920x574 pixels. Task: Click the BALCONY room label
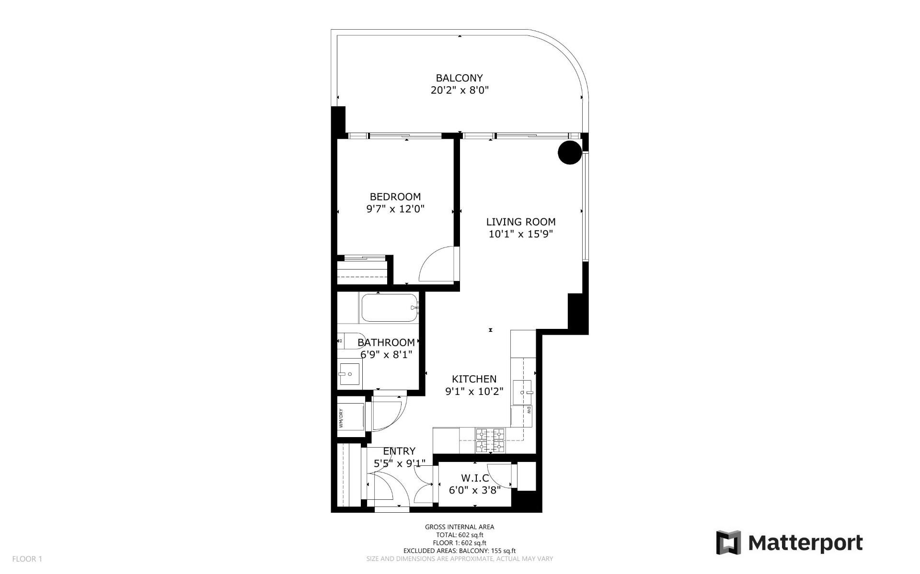[459, 78]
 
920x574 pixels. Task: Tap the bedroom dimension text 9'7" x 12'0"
[395, 209]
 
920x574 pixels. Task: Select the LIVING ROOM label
[521, 222]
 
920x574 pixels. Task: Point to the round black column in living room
[570, 153]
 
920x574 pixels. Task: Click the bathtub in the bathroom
[390, 308]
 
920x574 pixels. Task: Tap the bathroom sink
[349, 374]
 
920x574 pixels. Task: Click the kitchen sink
[523, 393]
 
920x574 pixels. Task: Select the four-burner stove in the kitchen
[491, 440]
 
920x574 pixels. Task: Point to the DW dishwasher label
[529, 410]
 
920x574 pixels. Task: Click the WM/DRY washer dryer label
[341, 418]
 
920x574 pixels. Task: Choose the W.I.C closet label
[475, 478]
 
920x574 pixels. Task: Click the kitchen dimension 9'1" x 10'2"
[474, 391]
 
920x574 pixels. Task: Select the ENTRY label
[399, 451]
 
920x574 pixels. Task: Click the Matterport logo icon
[728, 542]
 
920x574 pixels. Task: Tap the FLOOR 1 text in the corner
[27, 559]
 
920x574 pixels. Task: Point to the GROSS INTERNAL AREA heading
[460, 527]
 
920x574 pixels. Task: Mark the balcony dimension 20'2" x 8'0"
[460, 90]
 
